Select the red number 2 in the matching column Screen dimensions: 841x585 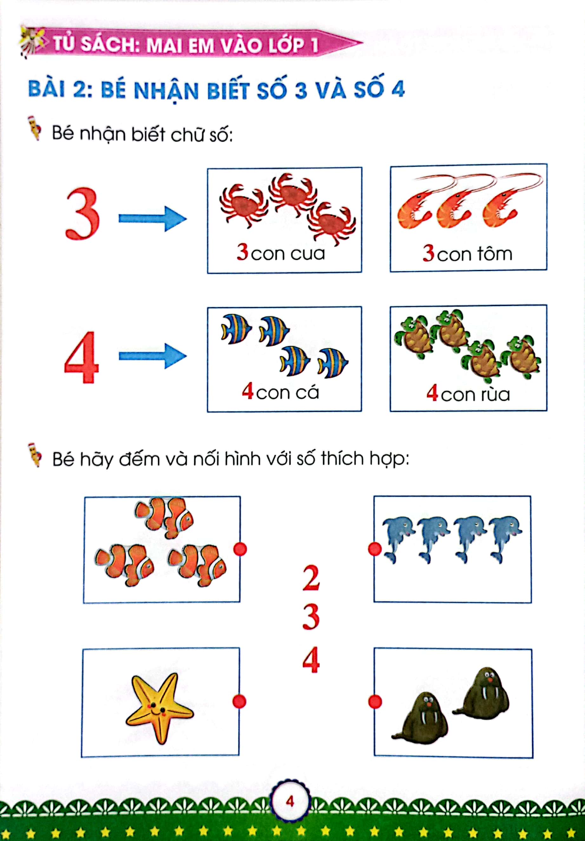311,578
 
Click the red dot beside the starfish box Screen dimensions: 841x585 239,701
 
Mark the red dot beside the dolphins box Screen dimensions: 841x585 375,549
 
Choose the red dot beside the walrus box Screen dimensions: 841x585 375,702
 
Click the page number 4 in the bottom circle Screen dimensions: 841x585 290,801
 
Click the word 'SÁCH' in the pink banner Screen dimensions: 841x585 109,45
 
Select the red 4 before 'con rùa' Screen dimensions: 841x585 432,393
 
